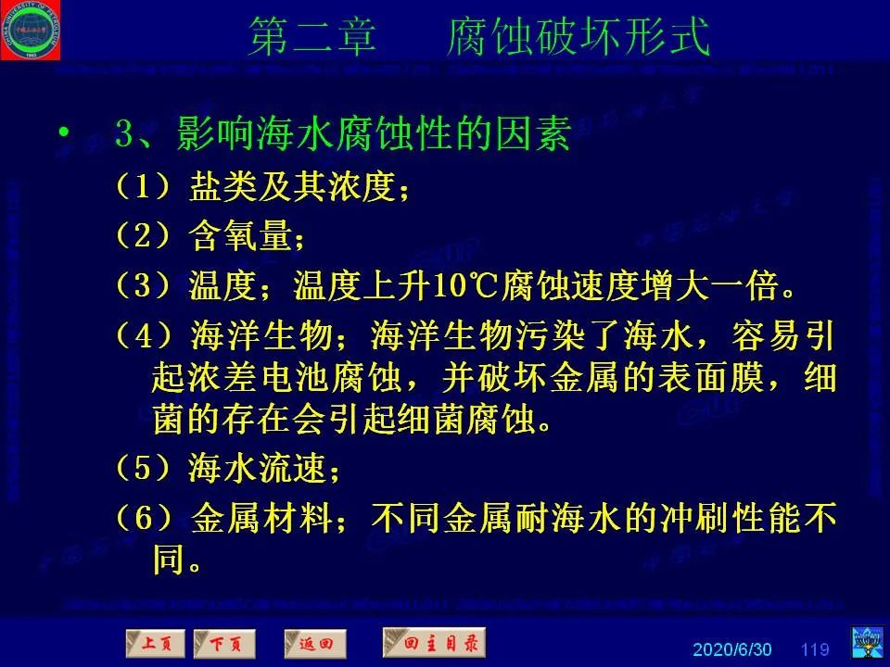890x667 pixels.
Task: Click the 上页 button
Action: (155, 642)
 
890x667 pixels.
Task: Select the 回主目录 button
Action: (434, 641)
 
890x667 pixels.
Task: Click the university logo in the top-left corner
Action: (31, 30)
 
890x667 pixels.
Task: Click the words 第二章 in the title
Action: (312, 39)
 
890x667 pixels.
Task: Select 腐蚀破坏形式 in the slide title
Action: (577, 39)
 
